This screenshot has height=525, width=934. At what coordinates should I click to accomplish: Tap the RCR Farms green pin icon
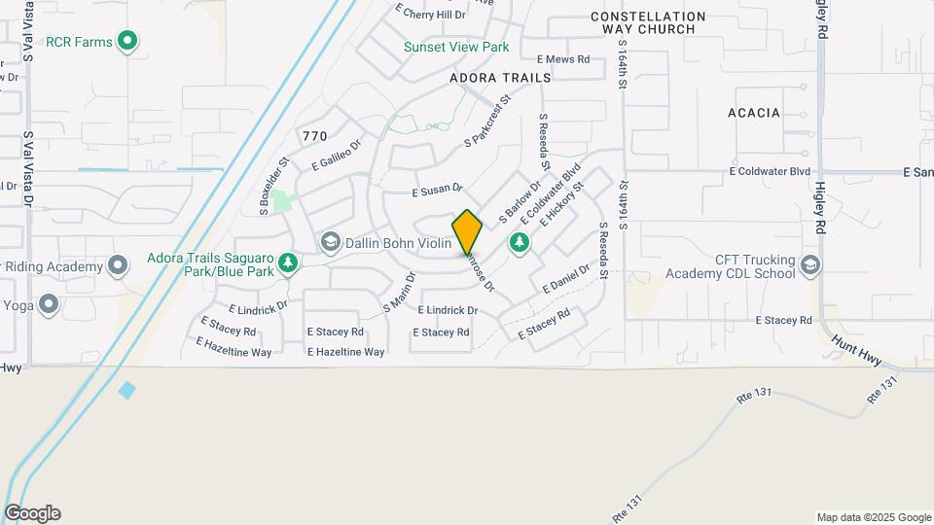126,41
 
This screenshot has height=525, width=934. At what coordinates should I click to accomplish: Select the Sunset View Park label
456,47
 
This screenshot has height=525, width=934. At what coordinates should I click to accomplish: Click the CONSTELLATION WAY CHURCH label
648,23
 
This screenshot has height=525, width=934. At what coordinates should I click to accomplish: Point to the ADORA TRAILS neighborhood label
500,77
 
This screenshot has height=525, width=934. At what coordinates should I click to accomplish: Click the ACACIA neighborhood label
754,113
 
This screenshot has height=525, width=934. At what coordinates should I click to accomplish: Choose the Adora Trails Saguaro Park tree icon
288,263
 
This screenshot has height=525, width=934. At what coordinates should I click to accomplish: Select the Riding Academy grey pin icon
118,265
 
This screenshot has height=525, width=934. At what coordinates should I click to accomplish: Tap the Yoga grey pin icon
48,304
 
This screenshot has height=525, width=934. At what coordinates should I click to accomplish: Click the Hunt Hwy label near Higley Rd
856,351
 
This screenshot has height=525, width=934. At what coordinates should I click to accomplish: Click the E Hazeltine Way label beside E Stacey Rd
345,352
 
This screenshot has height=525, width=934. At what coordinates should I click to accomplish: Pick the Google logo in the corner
32,513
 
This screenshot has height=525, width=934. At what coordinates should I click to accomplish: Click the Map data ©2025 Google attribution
873,517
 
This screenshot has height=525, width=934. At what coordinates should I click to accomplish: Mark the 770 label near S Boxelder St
314,136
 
